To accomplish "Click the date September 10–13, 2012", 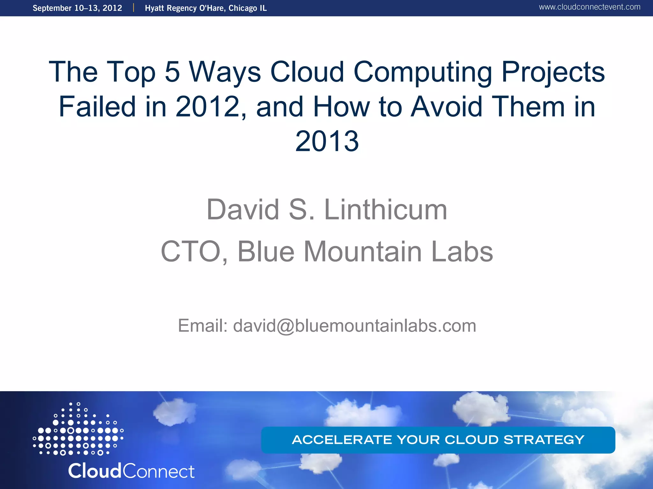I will point(77,8).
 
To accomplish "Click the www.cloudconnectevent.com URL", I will point(590,7).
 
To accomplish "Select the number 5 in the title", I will point(172,72).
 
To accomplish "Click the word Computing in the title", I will point(423,73).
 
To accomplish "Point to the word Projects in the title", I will point(553,73).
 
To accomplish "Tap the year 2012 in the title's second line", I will point(208,107).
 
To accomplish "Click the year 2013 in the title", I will point(327,141).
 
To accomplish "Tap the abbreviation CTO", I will point(191,252).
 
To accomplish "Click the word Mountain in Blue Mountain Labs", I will point(363,252).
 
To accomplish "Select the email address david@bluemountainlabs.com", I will point(355,326).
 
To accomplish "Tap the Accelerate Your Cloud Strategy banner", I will point(438,440).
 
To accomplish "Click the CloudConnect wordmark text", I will point(131,471).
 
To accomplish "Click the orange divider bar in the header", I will point(134,8).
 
